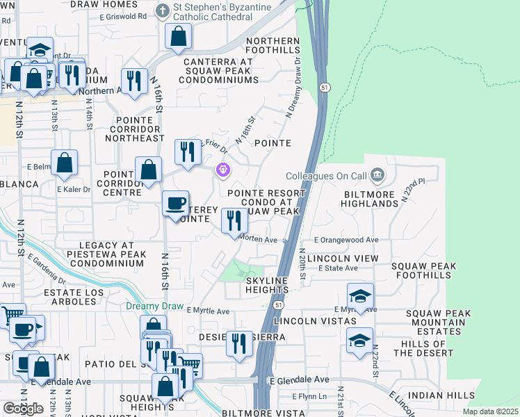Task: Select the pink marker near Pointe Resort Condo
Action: click(223, 169)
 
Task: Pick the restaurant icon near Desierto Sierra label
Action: click(239, 343)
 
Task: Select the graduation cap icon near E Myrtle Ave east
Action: click(360, 296)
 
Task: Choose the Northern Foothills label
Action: click(273, 46)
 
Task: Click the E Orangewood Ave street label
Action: click(346, 240)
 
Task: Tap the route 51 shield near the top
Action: click(325, 87)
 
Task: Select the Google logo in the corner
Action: click(23, 409)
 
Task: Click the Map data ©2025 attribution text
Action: click(490, 411)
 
